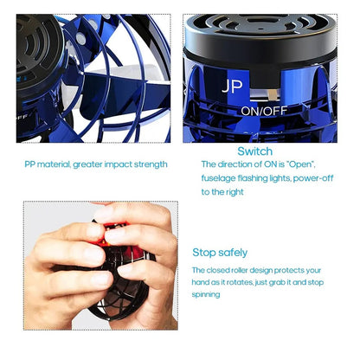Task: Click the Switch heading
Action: (x=254, y=151)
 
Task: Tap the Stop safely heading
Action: (x=220, y=253)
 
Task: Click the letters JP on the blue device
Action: (x=232, y=86)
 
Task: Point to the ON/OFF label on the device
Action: (x=264, y=111)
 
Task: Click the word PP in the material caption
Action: (x=29, y=164)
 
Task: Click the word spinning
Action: (x=206, y=294)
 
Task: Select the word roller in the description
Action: (x=239, y=270)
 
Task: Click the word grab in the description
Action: (x=275, y=282)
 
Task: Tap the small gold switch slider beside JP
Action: (x=272, y=93)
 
